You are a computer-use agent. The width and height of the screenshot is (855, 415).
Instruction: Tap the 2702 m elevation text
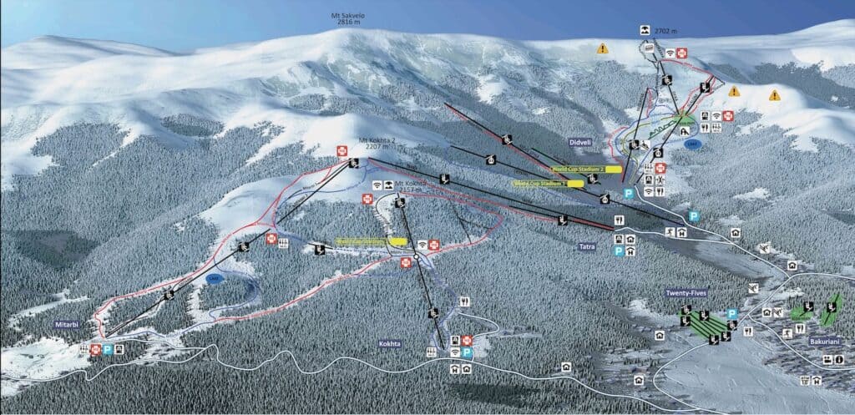coord(666,31)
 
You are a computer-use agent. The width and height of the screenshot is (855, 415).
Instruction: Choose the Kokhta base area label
coord(389,343)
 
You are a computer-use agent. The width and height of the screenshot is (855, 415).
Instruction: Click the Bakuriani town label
coord(800,342)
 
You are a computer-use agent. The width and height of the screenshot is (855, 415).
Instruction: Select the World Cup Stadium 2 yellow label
coord(587,168)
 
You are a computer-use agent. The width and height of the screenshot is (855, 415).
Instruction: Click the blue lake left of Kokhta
coord(215,279)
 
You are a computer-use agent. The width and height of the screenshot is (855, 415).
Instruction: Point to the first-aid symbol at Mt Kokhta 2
coord(341,150)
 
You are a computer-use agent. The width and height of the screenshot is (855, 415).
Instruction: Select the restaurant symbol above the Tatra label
coord(619,220)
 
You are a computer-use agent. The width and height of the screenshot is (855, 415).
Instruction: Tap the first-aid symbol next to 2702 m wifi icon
coord(682,53)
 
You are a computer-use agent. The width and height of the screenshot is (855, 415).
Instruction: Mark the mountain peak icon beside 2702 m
coord(645,31)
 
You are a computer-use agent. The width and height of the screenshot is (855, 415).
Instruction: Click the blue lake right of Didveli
coord(692,144)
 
